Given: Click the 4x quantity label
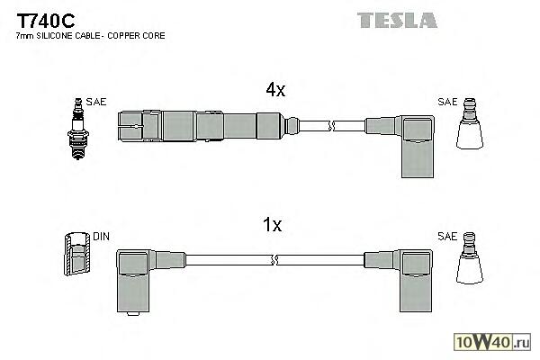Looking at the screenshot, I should (x=274, y=89).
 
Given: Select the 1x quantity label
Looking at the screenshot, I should (x=274, y=225).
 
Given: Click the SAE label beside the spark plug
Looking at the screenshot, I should (x=96, y=102).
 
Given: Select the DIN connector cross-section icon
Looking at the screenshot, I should (x=77, y=256).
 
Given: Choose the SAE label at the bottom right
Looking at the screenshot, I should (x=446, y=238).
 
